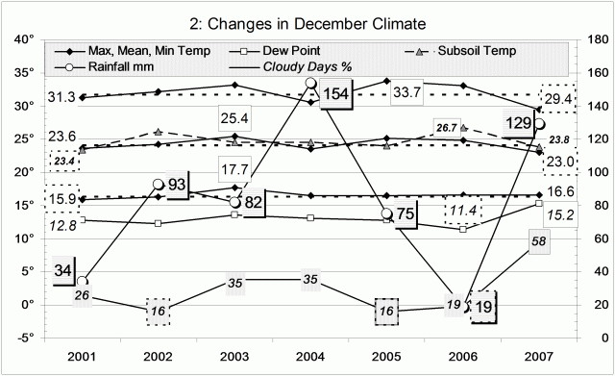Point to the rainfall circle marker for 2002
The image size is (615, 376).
pos(158,184)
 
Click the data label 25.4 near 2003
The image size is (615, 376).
pos(236,118)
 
